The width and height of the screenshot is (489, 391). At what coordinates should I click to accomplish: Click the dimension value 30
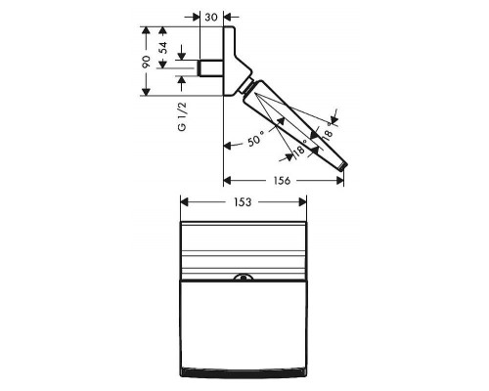tap(211, 17)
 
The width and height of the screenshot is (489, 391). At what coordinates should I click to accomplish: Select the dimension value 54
tap(164, 48)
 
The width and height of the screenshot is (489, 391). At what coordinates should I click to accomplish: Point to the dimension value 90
tap(147, 62)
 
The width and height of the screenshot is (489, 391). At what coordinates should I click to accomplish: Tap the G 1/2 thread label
tap(182, 116)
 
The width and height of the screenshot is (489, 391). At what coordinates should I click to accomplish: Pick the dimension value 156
tap(282, 181)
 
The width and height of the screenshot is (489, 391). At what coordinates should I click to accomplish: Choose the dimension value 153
tap(243, 202)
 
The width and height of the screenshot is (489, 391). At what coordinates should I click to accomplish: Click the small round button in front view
tap(244, 278)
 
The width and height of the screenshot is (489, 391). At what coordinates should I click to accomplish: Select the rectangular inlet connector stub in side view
tap(210, 68)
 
